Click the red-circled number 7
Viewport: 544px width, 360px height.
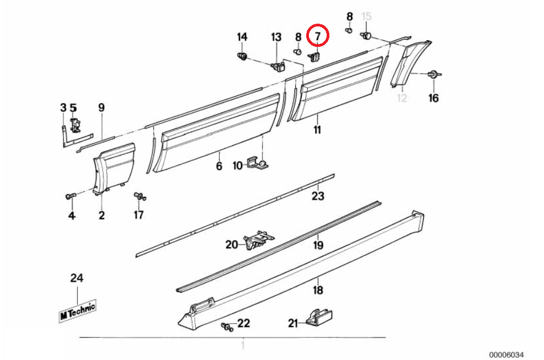coord(318,36)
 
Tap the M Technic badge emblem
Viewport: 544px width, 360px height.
coord(77,310)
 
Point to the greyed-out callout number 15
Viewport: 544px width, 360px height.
coord(366,16)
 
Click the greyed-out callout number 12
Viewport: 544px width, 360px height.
coord(402,98)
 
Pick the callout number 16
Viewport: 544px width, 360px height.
coord(434,98)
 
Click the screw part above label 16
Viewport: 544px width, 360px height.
coord(434,74)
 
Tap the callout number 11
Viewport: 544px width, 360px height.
coord(317,131)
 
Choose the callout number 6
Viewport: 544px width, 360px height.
coord(219,166)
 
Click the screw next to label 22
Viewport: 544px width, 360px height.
coord(226,326)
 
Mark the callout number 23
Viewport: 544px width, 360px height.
coord(318,196)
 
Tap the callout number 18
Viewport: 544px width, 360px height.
coord(318,290)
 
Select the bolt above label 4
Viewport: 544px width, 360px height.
coord(70,196)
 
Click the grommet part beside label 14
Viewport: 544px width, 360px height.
coord(241,56)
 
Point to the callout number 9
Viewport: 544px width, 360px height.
coord(101,107)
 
